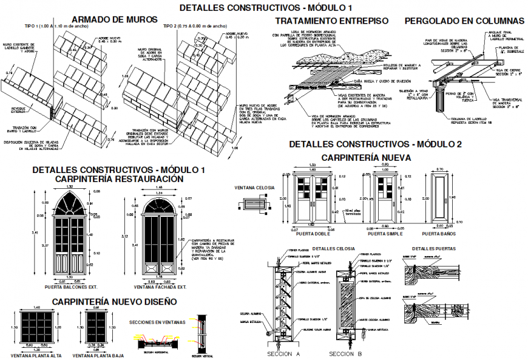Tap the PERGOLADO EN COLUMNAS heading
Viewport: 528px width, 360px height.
pyautogui.click(x=464, y=21)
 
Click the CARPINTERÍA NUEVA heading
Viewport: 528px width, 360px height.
pyautogui.click(x=366, y=157)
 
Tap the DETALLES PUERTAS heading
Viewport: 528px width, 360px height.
pyautogui.click(x=432, y=248)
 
